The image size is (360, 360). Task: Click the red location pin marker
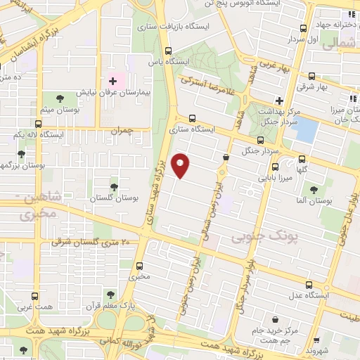click(181, 165)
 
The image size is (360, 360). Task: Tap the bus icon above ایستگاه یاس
click(167, 51)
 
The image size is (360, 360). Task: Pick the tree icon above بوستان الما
click(314, 188)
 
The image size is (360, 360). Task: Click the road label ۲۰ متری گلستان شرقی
click(91, 242)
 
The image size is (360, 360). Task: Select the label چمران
click(121, 131)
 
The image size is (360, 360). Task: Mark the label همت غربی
click(34, 307)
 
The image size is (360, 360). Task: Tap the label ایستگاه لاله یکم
click(39, 134)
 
